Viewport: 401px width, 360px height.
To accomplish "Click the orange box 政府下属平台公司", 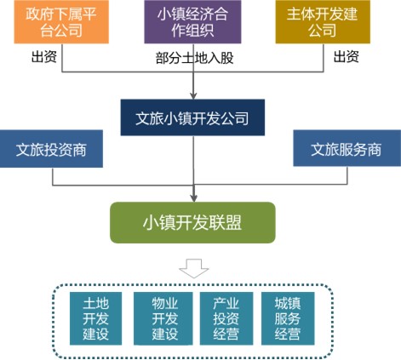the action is [x=61, y=22].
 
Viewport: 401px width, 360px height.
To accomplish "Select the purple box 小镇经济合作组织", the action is [x=192, y=22].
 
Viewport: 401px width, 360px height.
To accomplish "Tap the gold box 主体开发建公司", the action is [x=323, y=22].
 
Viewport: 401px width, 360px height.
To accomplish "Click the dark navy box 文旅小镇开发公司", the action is [x=192, y=117].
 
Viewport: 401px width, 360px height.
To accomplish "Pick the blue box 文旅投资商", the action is [x=51, y=149].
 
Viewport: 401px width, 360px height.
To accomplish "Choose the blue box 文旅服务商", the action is [x=347, y=148].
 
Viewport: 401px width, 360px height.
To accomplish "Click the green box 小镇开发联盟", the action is [x=192, y=223].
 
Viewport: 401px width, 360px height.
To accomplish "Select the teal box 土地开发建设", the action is [x=95, y=318].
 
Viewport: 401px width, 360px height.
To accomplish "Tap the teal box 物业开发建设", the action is [x=163, y=318].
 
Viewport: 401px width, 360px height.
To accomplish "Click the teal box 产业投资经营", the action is [x=226, y=318].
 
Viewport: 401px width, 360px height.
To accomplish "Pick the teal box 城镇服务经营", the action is [x=288, y=318].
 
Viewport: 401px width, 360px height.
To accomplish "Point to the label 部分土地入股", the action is [x=195, y=58].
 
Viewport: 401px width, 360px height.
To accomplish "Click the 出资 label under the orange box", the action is [x=44, y=56].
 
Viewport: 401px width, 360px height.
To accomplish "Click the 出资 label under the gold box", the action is [x=347, y=56].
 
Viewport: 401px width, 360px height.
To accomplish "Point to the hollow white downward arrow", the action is [x=194, y=268].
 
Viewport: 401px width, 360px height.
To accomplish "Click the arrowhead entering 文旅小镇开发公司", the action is [x=193, y=96].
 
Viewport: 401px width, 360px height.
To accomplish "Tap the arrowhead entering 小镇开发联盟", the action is [x=193, y=198].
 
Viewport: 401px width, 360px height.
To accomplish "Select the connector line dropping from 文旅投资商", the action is [x=53, y=177].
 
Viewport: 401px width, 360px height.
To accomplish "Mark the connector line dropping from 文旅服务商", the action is [x=347, y=175].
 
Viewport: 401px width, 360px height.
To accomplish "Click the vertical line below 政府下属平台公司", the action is [x=62, y=58].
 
